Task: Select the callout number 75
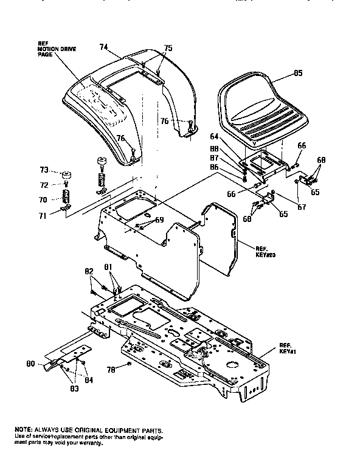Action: tap(168, 48)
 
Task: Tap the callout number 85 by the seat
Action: tap(298, 74)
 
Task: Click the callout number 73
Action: tap(44, 170)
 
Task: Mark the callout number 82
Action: tap(89, 271)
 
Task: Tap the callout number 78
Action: tap(111, 369)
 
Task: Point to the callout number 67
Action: tap(302, 207)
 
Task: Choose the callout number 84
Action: tap(89, 380)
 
